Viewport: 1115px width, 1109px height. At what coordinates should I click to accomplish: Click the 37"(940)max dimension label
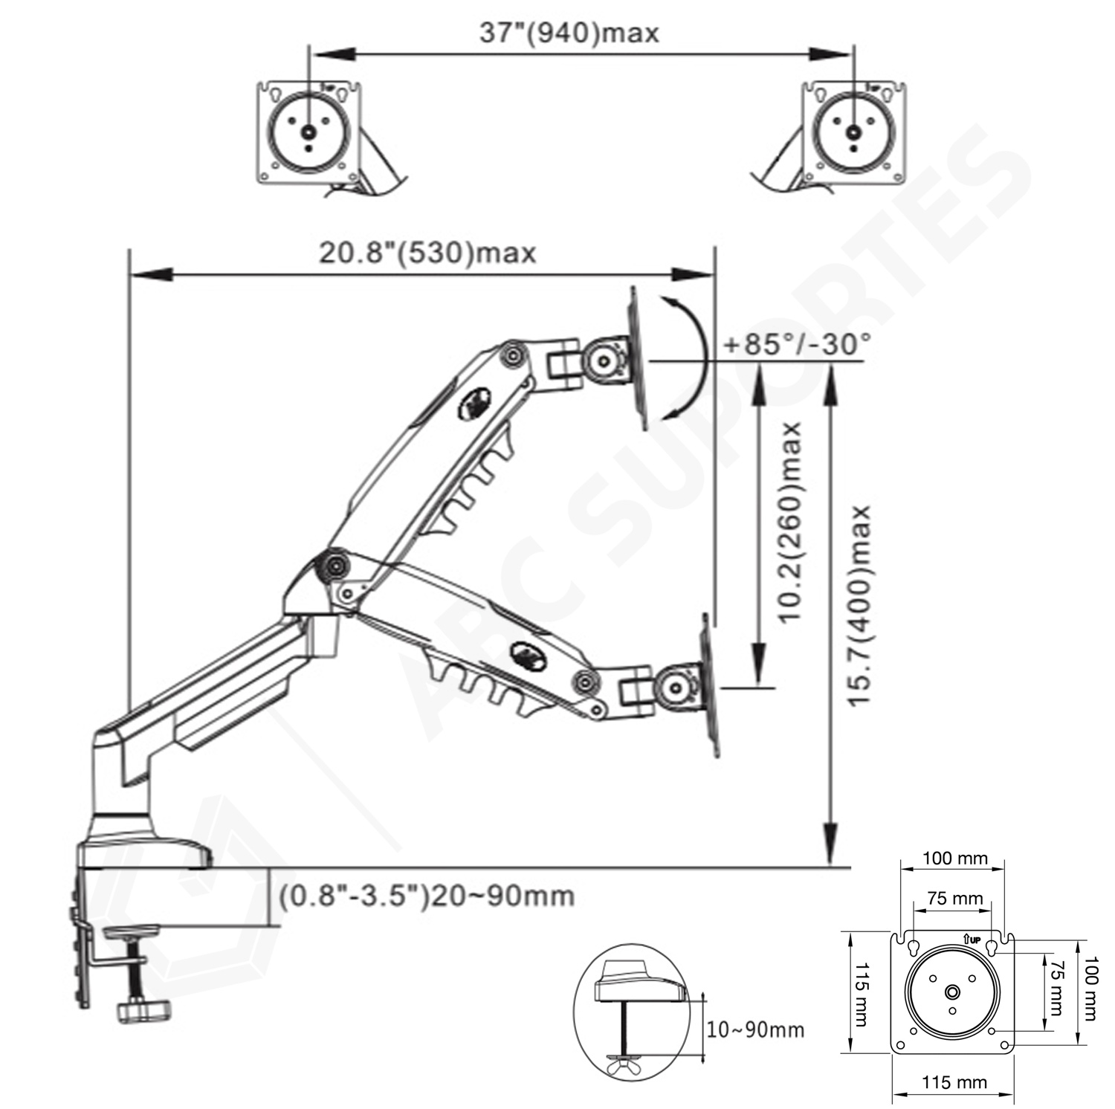click(569, 33)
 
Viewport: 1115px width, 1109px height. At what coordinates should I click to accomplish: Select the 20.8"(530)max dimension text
click(427, 253)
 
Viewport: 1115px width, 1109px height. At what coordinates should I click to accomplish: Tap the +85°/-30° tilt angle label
click(796, 345)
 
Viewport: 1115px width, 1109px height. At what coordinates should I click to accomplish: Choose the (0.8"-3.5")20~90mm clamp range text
click(427, 896)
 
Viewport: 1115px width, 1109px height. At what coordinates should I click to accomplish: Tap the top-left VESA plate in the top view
click(310, 132)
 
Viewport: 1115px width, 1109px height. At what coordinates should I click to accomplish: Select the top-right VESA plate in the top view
click(853, 132)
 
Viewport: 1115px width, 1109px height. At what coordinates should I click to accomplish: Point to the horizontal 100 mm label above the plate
click(954, 859)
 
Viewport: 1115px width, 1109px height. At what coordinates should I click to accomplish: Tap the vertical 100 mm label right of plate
click(1089, 988)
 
